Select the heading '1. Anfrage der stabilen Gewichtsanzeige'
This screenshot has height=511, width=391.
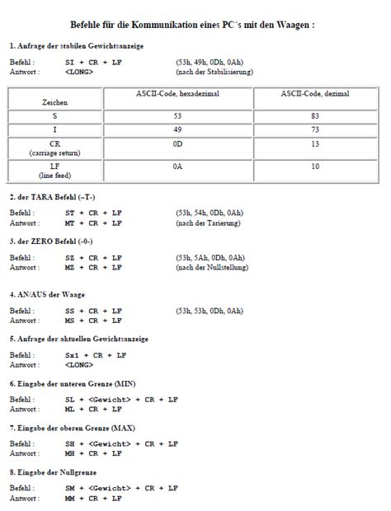click(x=77, y=46)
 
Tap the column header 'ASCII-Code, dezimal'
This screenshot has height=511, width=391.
click(x=314, y=94)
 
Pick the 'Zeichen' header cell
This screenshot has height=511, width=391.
click(x=55, y=102)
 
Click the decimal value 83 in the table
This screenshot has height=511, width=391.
click(x=314, y=116)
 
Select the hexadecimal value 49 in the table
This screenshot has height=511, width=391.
click(x=177, y=130)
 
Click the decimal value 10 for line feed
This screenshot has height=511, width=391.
click(x=314, y=167)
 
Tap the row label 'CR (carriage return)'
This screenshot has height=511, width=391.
click(x=55, y=148)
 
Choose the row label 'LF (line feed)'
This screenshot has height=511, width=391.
click(x=55, y=171)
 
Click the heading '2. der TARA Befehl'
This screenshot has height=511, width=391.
click(x=52, y=197)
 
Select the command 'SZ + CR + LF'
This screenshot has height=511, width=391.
click(x=93, y=258)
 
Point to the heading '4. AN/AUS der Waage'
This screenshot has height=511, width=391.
click(x=47, y=294)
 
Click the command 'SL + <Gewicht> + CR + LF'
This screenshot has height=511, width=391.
click(x=121, y=400)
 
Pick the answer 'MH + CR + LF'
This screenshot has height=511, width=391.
click(x=93, y=452)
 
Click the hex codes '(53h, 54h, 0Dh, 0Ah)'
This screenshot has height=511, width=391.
click(x=210, y=213)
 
